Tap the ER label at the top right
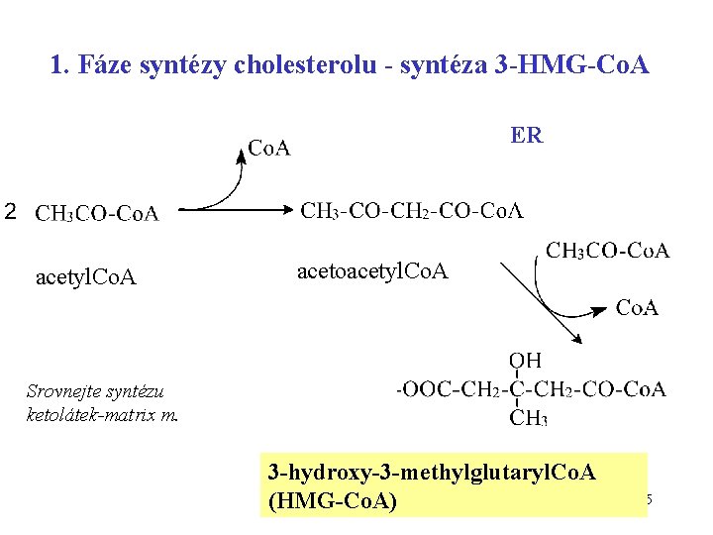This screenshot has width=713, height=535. pos(527,135)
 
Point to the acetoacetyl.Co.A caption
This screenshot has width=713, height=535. pos(372,270)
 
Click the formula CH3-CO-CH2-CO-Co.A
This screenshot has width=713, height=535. pos(412,210)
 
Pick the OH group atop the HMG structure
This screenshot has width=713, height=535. pos(525,361)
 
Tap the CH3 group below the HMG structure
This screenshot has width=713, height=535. pos(528,418)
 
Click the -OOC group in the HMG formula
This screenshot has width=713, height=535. pos(416,389)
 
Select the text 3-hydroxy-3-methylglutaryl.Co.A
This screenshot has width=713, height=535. pos(432,472)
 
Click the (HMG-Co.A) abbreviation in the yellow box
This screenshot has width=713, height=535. pos(332,501)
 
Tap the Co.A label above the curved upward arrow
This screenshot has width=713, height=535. pos(268,149)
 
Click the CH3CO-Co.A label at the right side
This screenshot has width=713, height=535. pos(608,250)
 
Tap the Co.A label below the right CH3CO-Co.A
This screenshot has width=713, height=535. pos(637,308)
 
